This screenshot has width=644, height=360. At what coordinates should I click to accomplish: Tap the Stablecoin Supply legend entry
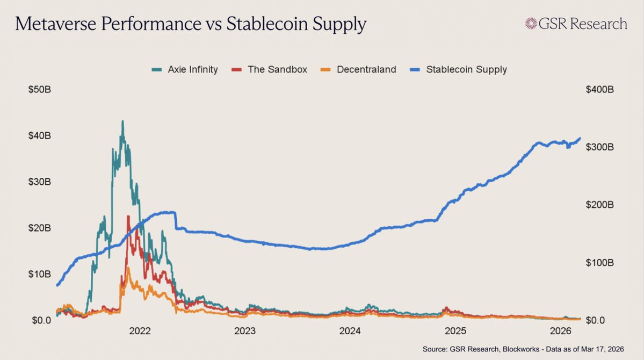(x=459, y=69)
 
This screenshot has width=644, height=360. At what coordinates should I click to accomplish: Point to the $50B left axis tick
(x=40, y=89)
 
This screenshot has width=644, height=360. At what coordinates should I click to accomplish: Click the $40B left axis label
(x=40, y=135)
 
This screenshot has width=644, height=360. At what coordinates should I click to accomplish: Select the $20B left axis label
(x=40, y=228)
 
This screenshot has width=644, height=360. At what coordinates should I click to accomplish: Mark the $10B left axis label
(x=40, y=274)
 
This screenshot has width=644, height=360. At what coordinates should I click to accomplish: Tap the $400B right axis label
(x=599, y=89)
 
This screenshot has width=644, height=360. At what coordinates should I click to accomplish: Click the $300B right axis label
(x=599, y=147)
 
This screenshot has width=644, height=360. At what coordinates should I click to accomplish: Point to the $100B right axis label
(x=599, y=263)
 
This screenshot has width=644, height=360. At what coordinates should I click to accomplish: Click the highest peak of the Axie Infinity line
(x=122, y=121)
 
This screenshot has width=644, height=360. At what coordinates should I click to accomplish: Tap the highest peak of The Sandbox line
(x=128, y=216)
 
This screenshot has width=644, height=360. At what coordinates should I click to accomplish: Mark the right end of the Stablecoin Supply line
(x=580, y=139)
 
